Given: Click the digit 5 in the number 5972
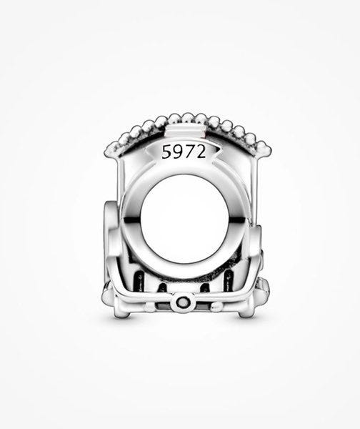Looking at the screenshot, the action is click(x=166, y=152).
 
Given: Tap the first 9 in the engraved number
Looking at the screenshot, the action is click(x=177, y=152).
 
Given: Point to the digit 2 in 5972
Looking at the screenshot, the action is click(x=200, y=152).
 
